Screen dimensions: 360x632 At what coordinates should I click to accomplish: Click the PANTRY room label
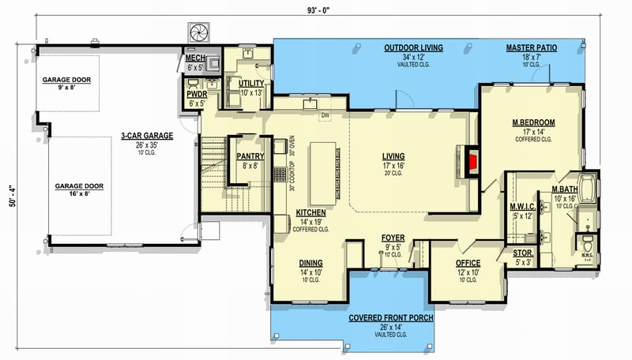(x=250, y=156)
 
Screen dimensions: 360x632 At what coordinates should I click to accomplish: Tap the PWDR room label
(x=195, y=94)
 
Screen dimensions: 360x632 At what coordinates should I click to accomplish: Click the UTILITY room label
(x=240, y=82)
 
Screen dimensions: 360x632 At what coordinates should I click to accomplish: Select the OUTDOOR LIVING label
(x=413, y=48)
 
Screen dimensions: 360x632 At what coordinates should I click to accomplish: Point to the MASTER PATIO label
(x=531, y=48)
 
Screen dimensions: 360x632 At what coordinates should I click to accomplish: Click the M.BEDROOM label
(x=532, y=122)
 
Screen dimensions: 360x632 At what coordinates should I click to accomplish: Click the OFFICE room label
(x=468, y=263)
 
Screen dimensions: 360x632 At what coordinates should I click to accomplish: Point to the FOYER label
(x=393, y=237)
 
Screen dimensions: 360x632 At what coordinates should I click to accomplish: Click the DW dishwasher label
(x=325, y=116)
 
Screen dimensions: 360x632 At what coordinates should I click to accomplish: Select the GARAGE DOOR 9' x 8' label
(x=67, y=80)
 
